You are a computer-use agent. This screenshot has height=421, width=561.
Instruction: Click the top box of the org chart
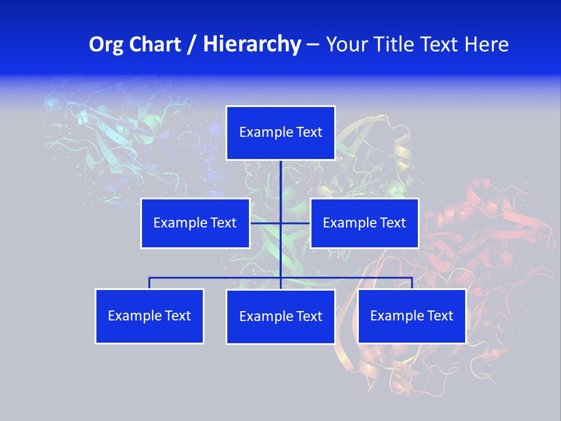point(280,133)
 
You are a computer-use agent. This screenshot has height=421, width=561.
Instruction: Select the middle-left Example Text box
point(195,223)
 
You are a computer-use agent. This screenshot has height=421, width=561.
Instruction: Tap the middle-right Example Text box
point(364,223)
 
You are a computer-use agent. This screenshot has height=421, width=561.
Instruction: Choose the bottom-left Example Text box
point(150,316)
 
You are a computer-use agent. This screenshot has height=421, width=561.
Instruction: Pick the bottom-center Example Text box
point(280,316)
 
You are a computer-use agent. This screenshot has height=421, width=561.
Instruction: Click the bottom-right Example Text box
point(411,316)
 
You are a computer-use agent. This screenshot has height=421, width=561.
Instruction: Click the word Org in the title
point(106,44)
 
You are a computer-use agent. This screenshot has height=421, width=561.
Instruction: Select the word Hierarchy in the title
point(251,44)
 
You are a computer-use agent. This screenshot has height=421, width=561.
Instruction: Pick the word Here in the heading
point(487,44)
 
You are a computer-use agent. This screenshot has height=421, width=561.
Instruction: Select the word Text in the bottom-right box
point(438,316)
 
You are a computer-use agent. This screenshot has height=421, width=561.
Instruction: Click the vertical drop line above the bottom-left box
point(150,283)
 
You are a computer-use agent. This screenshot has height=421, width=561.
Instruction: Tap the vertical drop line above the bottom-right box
point(412,283)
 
